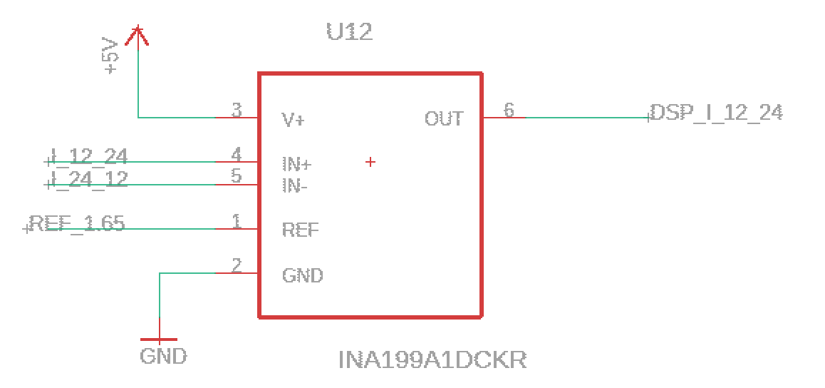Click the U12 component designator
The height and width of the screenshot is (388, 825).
pyautogui.click(x=349, y=32)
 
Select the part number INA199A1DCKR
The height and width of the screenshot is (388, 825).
pyautogui.click(x=432, y=359)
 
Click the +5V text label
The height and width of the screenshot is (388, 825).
pyautogui.click(x=110, y=56)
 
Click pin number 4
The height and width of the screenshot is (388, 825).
pyautogui.click(x=237, y=154)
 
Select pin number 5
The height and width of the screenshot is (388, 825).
pyautogui.click(x=237, y=175)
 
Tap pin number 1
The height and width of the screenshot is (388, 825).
pyautogui.click(x=237, y=220)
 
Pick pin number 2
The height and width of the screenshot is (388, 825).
pyautogui.click(x=237, y=265)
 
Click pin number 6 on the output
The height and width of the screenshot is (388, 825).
pyautogui.click(x=509, y=109)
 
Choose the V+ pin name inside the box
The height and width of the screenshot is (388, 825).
pyautogui.click(x=294, y=120)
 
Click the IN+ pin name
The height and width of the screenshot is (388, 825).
pyautogui.click(x=296, y=165)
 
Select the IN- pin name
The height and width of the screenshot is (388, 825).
pyautogui.click(x=296, y=186)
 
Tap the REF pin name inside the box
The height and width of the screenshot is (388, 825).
pyautogui.click(x=300, y=230)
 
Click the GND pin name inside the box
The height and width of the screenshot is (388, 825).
pyautogui.click(x=302, y=275)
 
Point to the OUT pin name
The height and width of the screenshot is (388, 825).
pyautogui.click(x=444, y=118)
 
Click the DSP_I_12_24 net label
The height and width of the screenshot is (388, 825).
pyautogui.click(x=716, y=113)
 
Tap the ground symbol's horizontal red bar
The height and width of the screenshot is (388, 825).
pyautogui.click(x=159, y=339)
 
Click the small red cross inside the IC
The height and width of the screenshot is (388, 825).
pyautogui.click(x=370, y=163)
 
